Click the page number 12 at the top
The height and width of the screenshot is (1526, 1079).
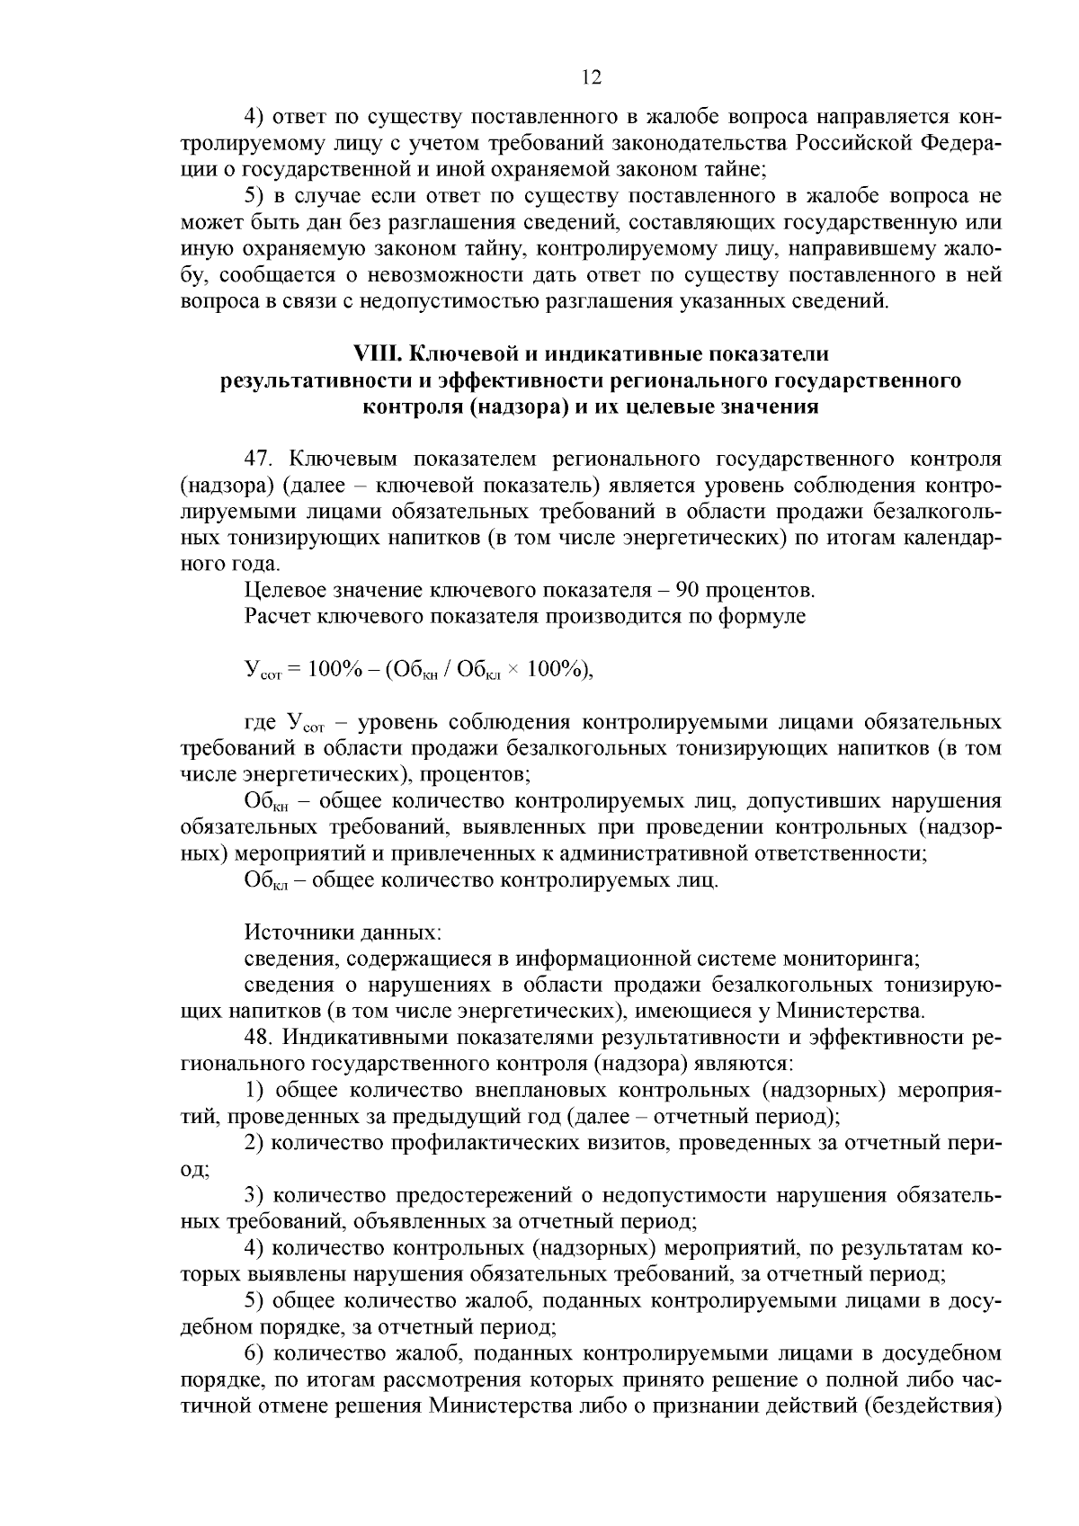[591, 77]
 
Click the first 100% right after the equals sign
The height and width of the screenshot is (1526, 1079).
[334, 670]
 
